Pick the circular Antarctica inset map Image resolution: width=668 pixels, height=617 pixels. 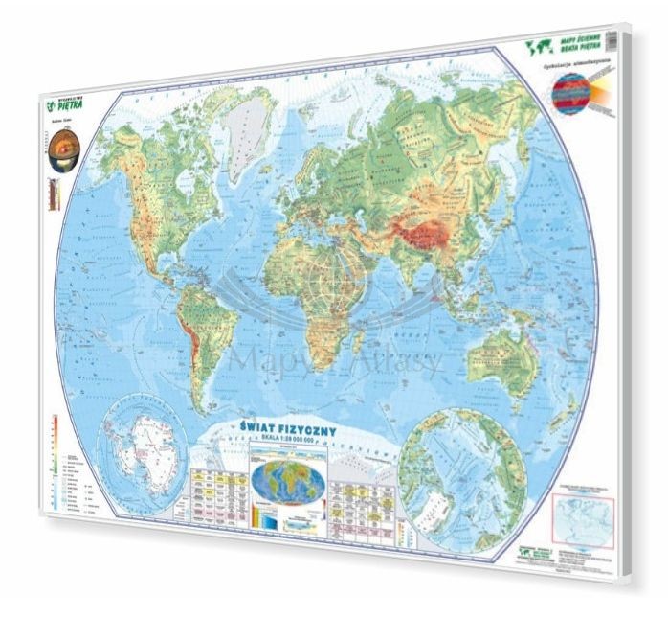(147, 442)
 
